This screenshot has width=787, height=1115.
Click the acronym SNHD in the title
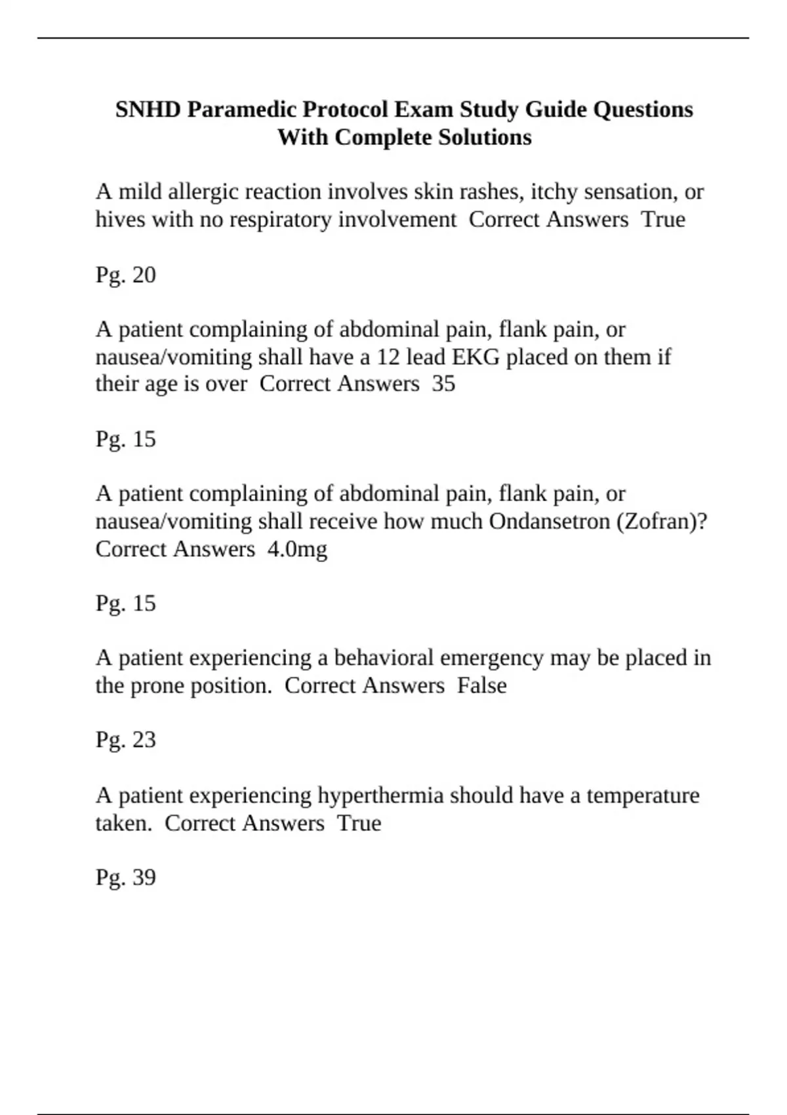point(148,110)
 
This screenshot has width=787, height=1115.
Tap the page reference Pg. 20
point(125,275)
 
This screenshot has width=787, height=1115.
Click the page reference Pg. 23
point(125,740)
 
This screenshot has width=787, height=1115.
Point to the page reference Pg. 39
point(125,878)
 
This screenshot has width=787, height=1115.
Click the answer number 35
point(443,384)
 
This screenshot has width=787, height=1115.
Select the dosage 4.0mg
point(297,549)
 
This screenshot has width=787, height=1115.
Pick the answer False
point(481,685)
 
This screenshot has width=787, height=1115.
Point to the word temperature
point(642,796)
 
